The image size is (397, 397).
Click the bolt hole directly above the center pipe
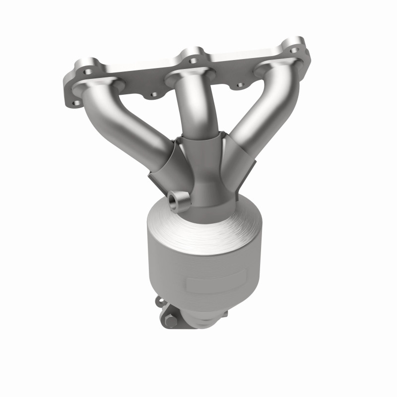click(191, 52)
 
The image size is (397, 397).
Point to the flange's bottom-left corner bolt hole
click(76, 103)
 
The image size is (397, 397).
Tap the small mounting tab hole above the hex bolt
click(160, 300)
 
